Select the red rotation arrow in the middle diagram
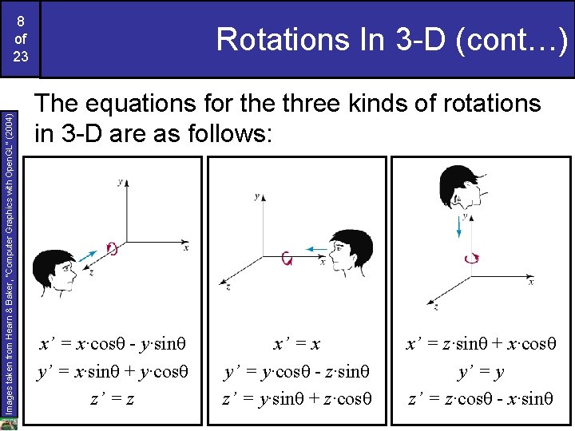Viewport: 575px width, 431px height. [x=287, y=258]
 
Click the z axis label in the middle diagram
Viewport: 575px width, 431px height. [x=229, y=285]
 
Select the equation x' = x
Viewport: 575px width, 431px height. [x=297, y=343]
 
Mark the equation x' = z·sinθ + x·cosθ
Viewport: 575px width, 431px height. [x=481, y=343]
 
